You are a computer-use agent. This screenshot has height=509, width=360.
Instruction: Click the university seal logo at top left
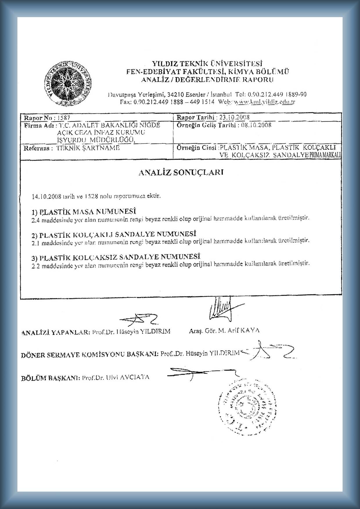[x=69, y=83]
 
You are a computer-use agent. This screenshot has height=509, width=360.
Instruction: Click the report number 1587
[x=64, y=118]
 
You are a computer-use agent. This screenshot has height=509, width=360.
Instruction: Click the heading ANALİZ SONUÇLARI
[x=181, y=172]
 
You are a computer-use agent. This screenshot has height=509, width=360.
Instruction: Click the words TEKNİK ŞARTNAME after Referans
[x=88, y=148]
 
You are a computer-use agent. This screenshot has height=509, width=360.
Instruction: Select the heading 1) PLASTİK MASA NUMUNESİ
[x=84, y=211]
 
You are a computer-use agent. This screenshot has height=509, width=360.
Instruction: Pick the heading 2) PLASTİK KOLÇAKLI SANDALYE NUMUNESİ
[x=114, y=234]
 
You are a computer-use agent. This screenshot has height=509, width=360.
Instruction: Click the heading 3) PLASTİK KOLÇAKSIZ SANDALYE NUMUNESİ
[x=116, y=257]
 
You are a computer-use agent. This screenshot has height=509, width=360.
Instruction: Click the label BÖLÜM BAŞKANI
[x=50, y=378]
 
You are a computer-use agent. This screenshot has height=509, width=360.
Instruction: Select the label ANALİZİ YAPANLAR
[x=55, y=332]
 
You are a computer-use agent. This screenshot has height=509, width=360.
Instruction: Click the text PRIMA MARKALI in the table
[x=325, y=155]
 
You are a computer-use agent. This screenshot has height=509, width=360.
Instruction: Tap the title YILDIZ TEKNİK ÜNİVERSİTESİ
[x=208, y=64]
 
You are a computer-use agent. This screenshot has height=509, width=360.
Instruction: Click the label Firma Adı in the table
[x=39, y=126]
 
